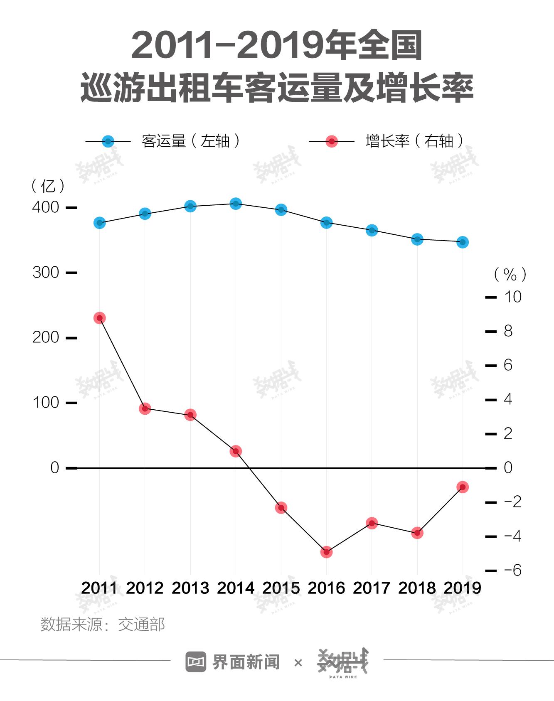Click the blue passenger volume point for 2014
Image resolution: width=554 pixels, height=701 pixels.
236,204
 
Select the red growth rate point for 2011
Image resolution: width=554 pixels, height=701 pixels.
99,318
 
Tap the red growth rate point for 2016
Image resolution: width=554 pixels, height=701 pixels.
326,552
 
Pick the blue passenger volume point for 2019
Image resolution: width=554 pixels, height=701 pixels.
463,242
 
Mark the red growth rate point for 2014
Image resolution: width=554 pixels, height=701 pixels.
236,451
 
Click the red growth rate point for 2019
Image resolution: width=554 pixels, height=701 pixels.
463,487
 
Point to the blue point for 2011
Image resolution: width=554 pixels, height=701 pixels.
99,223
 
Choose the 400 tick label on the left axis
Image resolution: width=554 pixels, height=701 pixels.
46,207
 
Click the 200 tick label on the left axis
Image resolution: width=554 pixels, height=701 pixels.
46,337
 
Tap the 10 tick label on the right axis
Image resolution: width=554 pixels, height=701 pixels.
512,297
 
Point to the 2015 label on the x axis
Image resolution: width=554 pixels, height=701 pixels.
281,588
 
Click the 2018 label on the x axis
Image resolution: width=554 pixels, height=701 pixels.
417,588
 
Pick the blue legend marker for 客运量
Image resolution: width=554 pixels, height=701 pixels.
108,142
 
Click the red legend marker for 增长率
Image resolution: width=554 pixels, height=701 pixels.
332,142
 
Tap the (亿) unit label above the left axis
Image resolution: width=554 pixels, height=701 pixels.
48,186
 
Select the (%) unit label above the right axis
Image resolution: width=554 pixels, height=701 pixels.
510,274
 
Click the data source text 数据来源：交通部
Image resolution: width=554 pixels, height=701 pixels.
103,625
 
